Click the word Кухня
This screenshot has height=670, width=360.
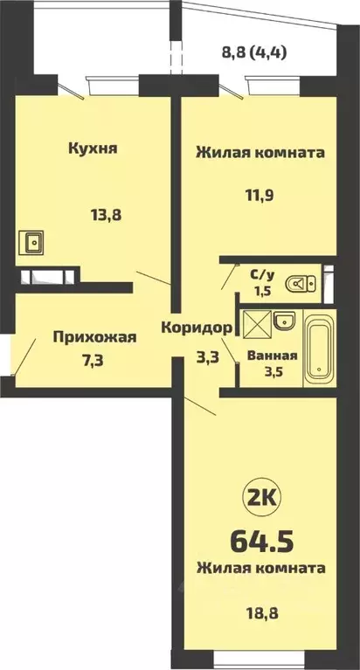click(93, 148)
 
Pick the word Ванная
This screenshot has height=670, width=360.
click(273, 356)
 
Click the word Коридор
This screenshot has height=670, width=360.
click(198, 328)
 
